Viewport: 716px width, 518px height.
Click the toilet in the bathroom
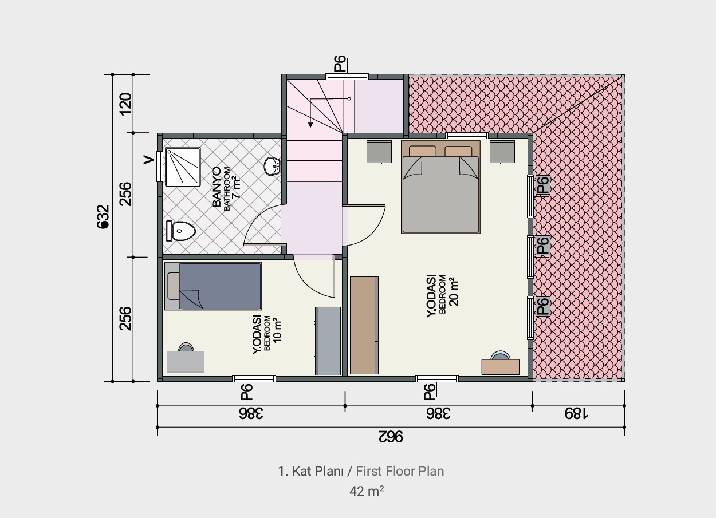(x=180, y=231)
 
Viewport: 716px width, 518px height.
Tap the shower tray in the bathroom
(x=183, y=167)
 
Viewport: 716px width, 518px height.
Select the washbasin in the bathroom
(x=272, y=166)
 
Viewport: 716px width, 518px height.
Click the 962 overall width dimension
(x=391, y=437)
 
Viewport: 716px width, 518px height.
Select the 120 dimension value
(x=125, y=104)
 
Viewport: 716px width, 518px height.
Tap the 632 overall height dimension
(x=103, y=216)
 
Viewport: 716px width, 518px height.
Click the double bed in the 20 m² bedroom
(x=440, y=187)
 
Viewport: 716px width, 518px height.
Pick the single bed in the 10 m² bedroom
(x=213, y=286)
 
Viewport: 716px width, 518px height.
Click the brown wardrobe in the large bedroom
(x=364, y=325)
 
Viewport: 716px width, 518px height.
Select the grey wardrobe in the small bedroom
(x=328, y=341)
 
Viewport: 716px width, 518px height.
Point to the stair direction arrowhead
(x=310, y=125)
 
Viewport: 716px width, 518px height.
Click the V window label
(x=148, y=160)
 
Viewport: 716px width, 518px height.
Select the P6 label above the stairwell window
(x=340, y=64)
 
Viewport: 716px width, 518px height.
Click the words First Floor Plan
(x=400, y=471)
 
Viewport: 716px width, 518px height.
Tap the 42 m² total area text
(x=367, y=491)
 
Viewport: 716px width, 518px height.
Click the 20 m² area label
(x=454, y=292)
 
